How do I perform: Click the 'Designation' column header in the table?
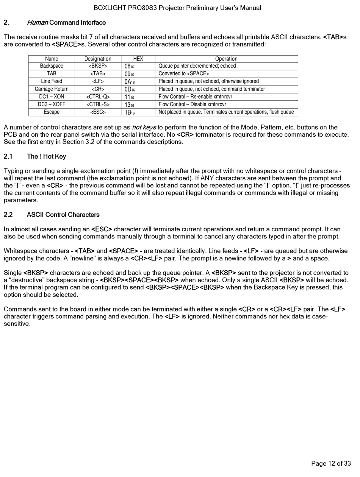98,59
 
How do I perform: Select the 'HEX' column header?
138,59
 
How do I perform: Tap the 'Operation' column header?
226,59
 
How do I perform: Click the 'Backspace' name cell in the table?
52,66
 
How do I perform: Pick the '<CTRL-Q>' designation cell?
98,97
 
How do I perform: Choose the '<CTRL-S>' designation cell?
98,104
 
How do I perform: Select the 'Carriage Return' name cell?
52,89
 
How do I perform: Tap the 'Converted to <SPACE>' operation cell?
184,73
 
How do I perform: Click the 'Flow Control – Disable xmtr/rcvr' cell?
192,104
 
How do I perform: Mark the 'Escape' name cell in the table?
52,112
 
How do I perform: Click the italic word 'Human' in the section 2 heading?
37,23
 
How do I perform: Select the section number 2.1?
8,156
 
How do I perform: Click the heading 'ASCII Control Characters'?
63,215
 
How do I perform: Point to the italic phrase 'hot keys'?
144,127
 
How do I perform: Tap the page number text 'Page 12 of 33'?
331,463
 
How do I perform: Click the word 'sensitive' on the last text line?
16,324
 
